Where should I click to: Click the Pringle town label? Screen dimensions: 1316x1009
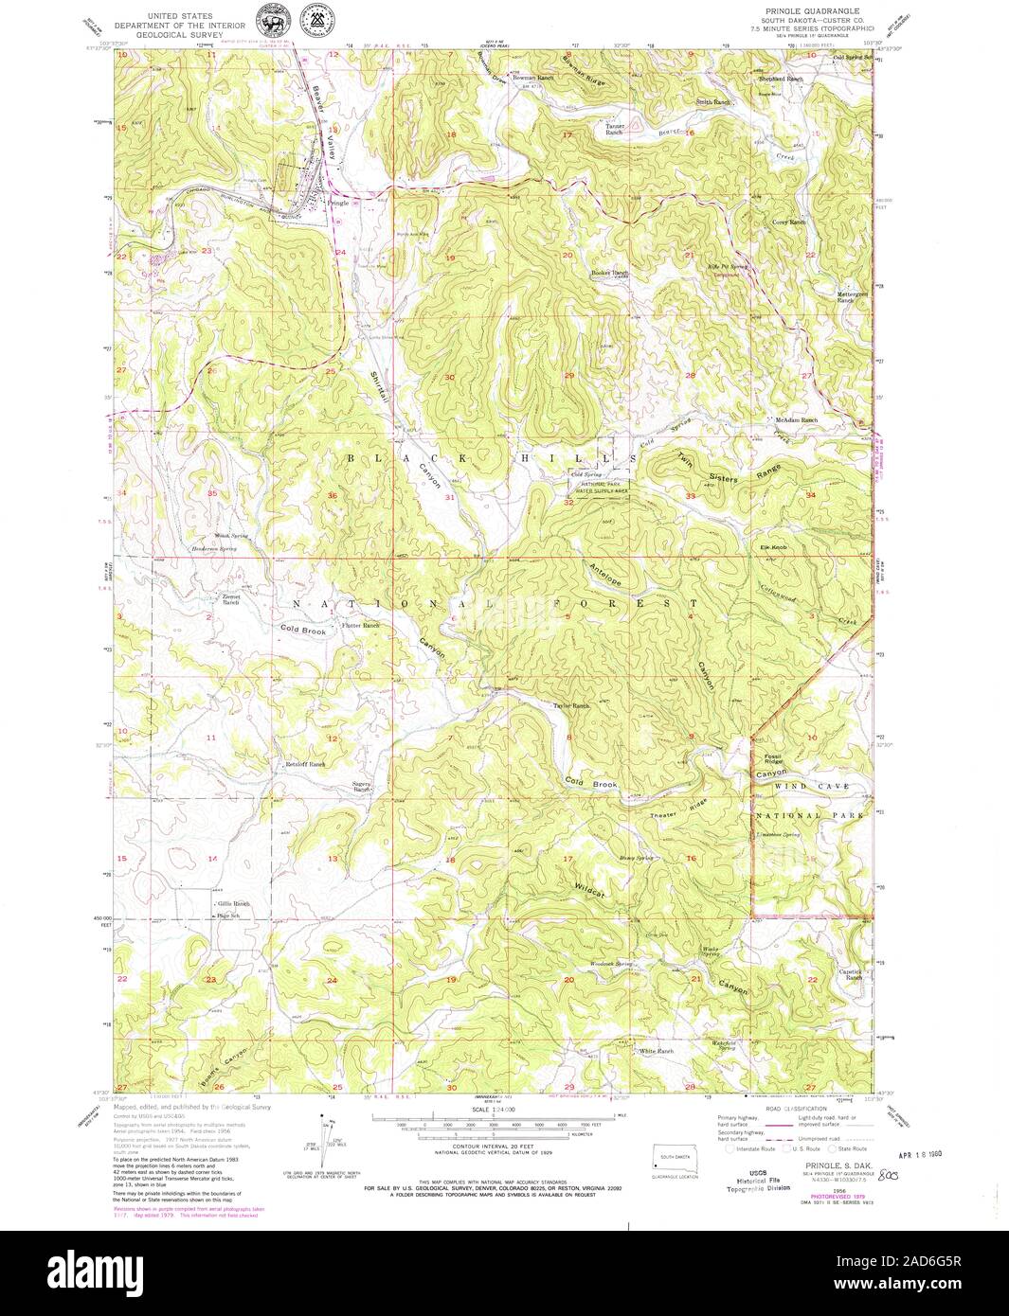coord(338,204)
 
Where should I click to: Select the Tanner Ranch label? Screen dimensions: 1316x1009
coord(615,130)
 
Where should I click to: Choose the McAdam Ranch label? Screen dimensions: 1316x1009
coord(796,419)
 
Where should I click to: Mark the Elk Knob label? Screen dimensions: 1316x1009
coord(773,548)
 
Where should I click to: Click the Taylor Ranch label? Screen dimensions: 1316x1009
coord(572,706)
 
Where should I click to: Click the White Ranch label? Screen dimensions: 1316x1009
coord(656,1052)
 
